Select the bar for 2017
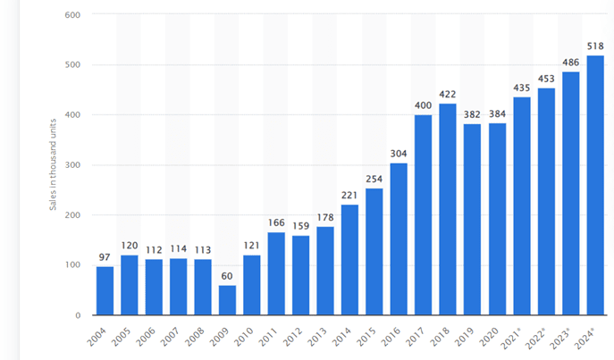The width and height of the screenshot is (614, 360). coord(424,214)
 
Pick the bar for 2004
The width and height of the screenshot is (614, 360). coord(105,290)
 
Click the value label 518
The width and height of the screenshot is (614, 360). coord(595,47)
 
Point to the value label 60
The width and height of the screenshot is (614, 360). coord(228,276)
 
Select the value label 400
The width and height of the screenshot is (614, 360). coord(424,106)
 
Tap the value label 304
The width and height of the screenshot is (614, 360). coord(400,155)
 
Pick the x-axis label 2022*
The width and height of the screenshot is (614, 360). coord(542,339)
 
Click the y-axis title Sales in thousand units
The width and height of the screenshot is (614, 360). coord(54,165)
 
